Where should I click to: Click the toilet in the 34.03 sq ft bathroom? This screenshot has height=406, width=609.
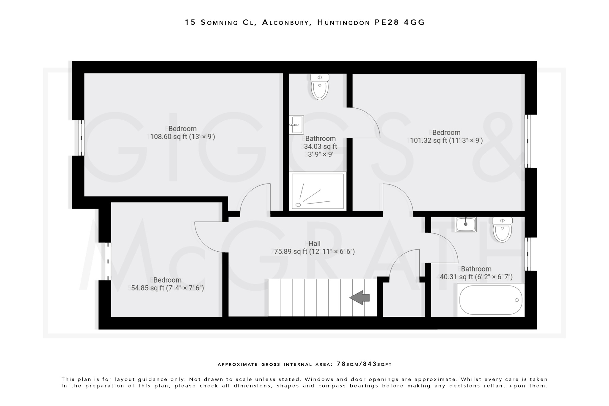(x=320, y=87)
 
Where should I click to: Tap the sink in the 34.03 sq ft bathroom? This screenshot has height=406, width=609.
(x=296, y=125)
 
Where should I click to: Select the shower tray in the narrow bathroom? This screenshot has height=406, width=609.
(x=318, y=192)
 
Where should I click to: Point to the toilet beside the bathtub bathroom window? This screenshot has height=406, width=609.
(x=502, y=229)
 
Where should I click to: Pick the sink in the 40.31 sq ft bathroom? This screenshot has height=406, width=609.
(x=466, y=224)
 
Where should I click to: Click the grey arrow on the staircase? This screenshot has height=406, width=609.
(x=360, y=298)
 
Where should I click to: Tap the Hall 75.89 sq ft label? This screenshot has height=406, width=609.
(x=314, y=248)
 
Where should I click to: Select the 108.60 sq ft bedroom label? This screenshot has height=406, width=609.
(x=182, y=133)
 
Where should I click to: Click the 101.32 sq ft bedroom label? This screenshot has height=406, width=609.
(x=446, y=137)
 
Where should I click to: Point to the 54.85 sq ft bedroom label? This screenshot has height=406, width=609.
(x=167, y=284)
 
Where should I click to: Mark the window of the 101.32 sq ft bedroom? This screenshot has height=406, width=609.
(x=528, y=141)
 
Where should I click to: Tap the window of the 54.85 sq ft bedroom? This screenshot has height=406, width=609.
(x=108, y=261)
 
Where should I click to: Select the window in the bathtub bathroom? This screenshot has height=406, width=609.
(x=528, y=254)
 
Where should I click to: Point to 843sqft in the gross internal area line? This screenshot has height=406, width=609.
(x=378, y=364)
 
